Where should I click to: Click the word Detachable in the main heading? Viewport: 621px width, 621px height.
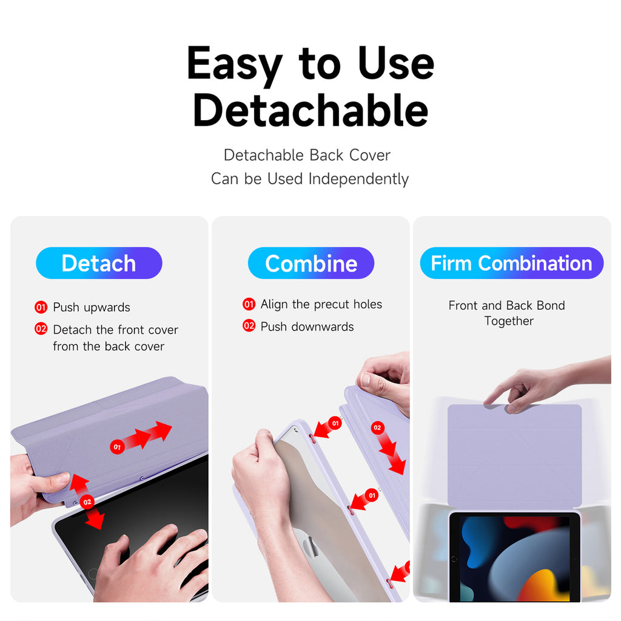[x=310, y=110]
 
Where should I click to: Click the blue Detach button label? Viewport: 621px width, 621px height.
[x=99, y=263]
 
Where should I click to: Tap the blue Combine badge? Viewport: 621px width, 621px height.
[x=311, y=263]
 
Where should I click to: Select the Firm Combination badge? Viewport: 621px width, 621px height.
[x=512, y=263]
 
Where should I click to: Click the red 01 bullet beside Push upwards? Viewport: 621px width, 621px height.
[x=41, y=307]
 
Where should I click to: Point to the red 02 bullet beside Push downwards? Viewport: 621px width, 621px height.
[x=249, y=326]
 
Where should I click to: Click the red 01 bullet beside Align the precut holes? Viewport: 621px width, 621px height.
[x=249, y=304]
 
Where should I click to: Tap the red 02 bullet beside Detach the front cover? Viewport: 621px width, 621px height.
[x=41, y=329]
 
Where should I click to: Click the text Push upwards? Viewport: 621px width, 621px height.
[x=92, y=307]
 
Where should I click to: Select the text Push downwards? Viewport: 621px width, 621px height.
[x=307, y=326]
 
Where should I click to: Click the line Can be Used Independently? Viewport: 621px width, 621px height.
[x=310, y=179]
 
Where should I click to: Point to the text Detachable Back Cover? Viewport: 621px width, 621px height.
[x=307, y=155]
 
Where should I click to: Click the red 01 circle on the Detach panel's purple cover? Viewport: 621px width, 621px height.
[x=117, y=447]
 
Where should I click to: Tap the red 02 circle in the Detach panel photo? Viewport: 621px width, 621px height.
[x=87, y=502]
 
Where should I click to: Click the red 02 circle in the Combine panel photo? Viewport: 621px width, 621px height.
[x=377, y=428]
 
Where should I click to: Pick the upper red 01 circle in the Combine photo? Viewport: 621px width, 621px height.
[x=335, y=423]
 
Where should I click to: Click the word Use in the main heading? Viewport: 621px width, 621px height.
[x=396, y=63]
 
